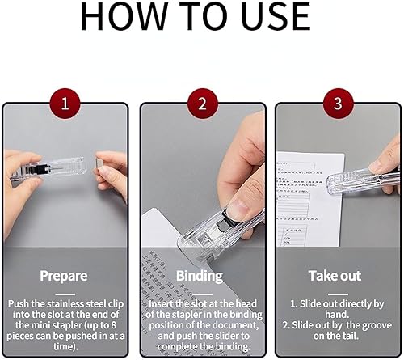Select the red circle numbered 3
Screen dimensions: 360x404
pos(338,104)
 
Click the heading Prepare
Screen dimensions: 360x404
pos(64,276)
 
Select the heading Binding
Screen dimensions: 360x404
pos(201,276)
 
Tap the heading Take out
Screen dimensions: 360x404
pos(335,276)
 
